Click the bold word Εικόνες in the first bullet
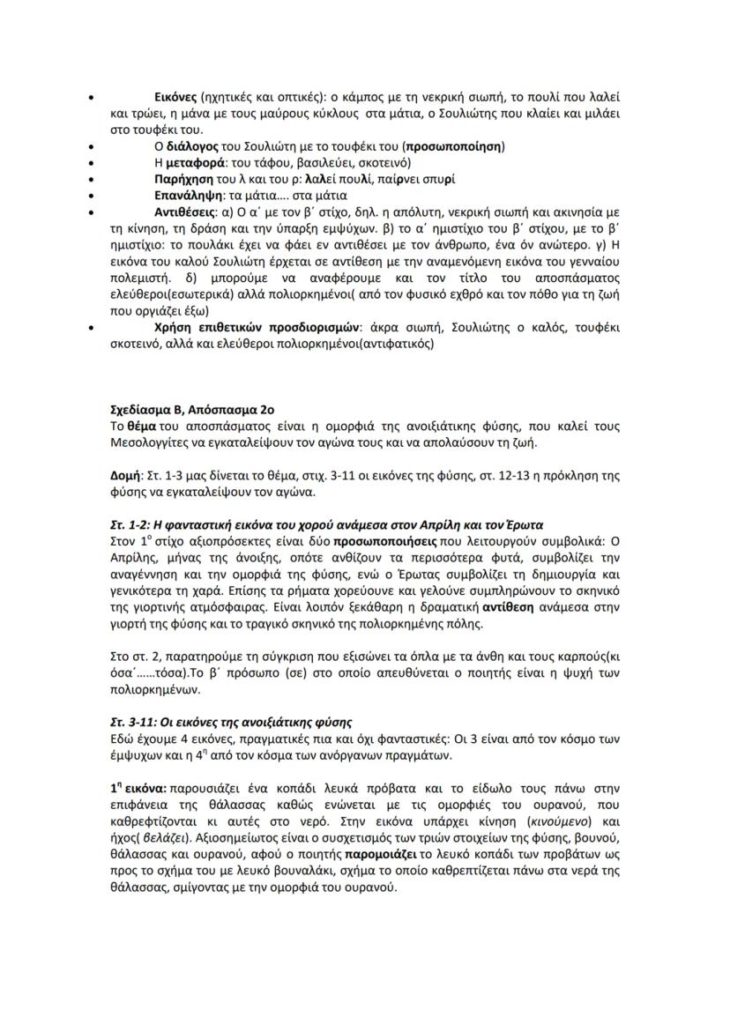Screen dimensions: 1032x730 click(175, 96)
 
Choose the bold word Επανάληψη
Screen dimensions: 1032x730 click(186, 196)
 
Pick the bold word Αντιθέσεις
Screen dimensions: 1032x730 click(185, 212)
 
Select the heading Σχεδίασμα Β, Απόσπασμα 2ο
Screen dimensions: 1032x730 click(193, 410)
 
